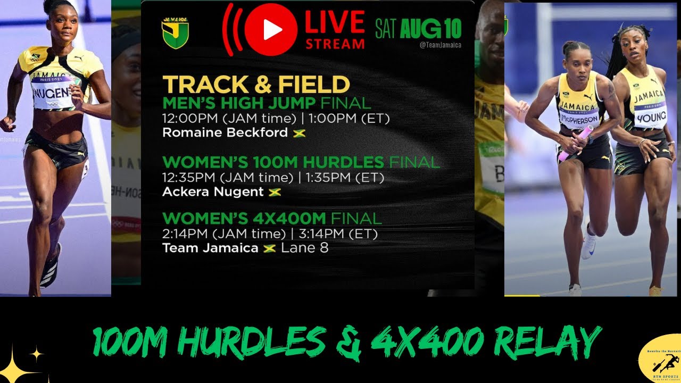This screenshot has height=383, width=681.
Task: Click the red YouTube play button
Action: point(271,30)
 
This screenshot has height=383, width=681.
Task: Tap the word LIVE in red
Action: point(335,22)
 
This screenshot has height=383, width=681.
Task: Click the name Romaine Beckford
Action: point(225,132)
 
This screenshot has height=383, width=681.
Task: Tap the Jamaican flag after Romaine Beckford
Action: point(299,133)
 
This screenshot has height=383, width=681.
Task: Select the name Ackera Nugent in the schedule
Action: point(213,191)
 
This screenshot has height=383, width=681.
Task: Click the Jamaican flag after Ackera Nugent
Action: point(275,192)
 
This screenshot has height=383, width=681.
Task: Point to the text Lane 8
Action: point(304,248)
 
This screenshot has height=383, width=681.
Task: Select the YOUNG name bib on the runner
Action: point(651,116)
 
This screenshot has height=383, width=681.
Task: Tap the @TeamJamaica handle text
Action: point(440,46)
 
